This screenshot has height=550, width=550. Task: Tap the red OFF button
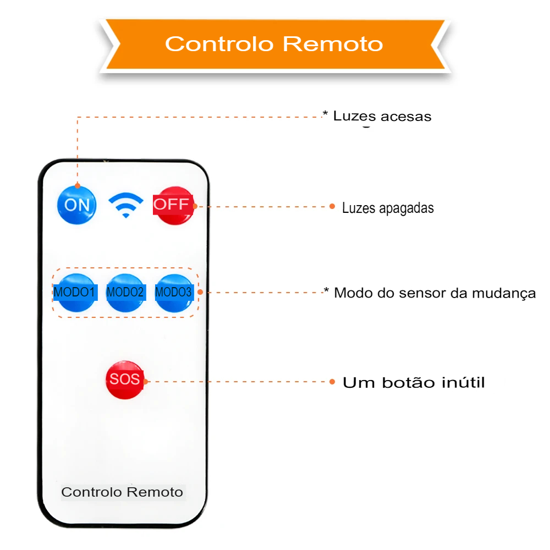[x=174, y=206]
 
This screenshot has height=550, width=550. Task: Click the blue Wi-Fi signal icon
[x=125, y=205]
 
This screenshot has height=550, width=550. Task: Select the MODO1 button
[x=75, y=293]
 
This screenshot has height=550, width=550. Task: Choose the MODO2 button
[x=125, y=293]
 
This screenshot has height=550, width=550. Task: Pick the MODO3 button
[x=174, y=293]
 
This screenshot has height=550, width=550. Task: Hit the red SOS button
[x=125, y=380]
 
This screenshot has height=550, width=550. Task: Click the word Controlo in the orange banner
[x=219, y=44]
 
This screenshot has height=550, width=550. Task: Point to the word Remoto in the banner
[x=333, y=44]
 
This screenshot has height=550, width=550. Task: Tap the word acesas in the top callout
[x=406, y=117]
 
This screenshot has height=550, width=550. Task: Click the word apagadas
[x=406, y=208]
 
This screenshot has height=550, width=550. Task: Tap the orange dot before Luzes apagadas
[x=332, y=206]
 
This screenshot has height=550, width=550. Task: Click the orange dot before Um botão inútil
[x=332, y=382]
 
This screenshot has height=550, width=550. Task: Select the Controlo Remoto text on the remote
[x=122, y=492]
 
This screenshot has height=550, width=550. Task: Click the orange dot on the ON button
[x=78, y=185]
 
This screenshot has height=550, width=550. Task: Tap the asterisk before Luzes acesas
[x=325, y=114]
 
